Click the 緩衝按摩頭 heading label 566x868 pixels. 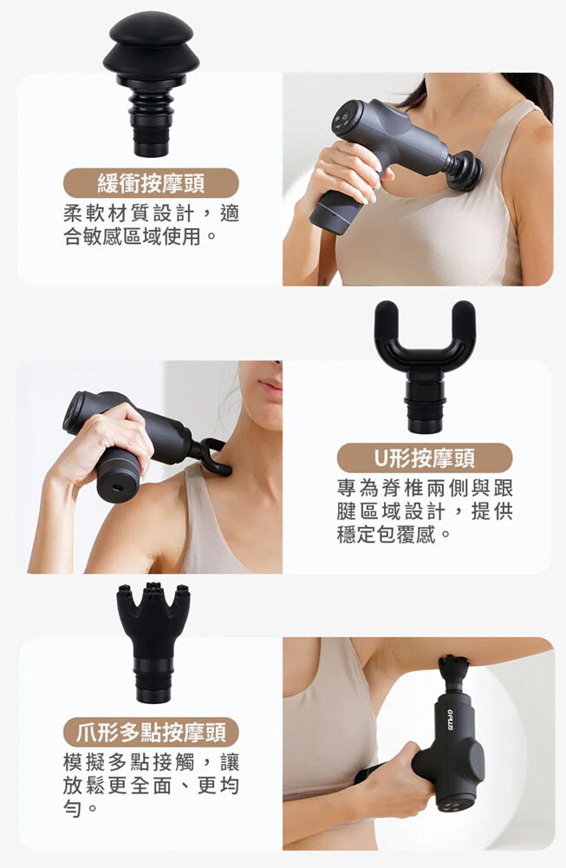(x=151, y=183)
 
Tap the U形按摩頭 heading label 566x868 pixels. (x=425, y=457)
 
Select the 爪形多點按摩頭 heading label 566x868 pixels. (x=151, y=733)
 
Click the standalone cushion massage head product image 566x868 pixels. (x=151, y=83)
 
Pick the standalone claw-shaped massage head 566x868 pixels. (x=153, y=642)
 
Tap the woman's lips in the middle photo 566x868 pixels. (x=270, y=384)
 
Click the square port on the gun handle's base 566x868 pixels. (x=118, y=488)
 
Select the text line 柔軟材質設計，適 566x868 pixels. (x=151, y=214)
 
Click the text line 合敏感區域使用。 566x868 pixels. (x=140, y=236)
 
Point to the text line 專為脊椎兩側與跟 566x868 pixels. (x=425, y=488)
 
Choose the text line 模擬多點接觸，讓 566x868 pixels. (x=151, y=762)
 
